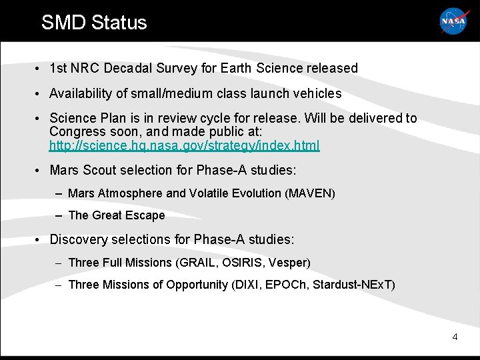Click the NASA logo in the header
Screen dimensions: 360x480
pyautogui.click(x=454, y=21)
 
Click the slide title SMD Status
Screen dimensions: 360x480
pyautogui.click(x=94, y=22)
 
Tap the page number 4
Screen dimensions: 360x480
pyautogui.click(x=455, y=337)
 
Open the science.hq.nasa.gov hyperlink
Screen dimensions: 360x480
pyautogui.click(x=185, y=145)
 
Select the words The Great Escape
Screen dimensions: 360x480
pyautogui.click(x=117, y=215)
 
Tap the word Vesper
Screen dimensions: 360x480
pyautogui.click(x=287, y=263)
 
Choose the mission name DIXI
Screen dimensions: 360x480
pyautogui.click(x=247, y=285)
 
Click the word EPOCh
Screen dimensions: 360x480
pyautogui.click(x=284, y=285)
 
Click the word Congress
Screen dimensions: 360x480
pyautogui.click(x=75, y=131)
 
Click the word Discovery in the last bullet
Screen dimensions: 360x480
pyautogui.click(x=77, y=239)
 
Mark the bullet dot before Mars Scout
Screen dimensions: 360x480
pyautogui.click(x=40, y=171)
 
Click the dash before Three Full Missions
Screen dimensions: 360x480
pyautogui.click(x=59, y=263)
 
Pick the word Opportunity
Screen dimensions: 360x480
pyautogui.click(x=196, y=285)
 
